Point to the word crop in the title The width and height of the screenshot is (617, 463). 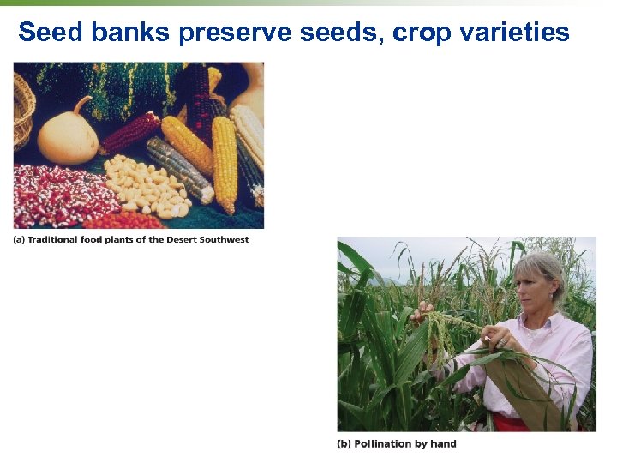coord(427,33)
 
